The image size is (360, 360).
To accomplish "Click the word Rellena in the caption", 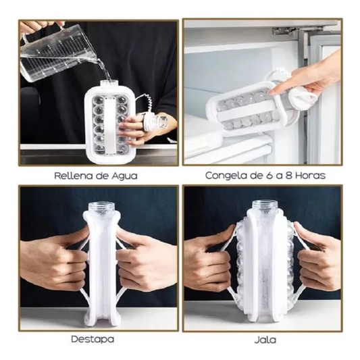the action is pos(74,176).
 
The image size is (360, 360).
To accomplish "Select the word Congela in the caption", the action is pos(225,176).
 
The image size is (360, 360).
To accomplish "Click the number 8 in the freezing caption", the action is pos(288,176).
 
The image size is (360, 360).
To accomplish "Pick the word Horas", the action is pos(311,176).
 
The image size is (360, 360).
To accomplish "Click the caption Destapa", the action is pos(93,339).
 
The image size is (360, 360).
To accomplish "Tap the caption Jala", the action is pos(265,340).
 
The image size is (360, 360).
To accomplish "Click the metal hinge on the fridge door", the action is pos(294,30).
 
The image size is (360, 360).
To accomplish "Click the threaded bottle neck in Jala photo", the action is pos(265,206).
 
